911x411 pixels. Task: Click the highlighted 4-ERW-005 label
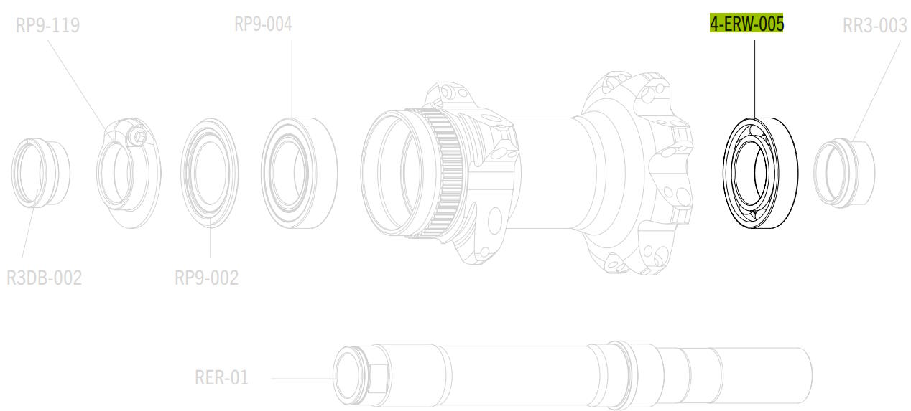[746, 24]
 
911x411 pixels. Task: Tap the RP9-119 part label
[47, 25]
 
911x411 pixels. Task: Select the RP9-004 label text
[263, 24]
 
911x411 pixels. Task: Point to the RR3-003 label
[875, 26]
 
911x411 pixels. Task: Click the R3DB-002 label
[45, 278]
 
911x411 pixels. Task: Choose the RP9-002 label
[207, 278]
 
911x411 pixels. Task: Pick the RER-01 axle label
[222, 378]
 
